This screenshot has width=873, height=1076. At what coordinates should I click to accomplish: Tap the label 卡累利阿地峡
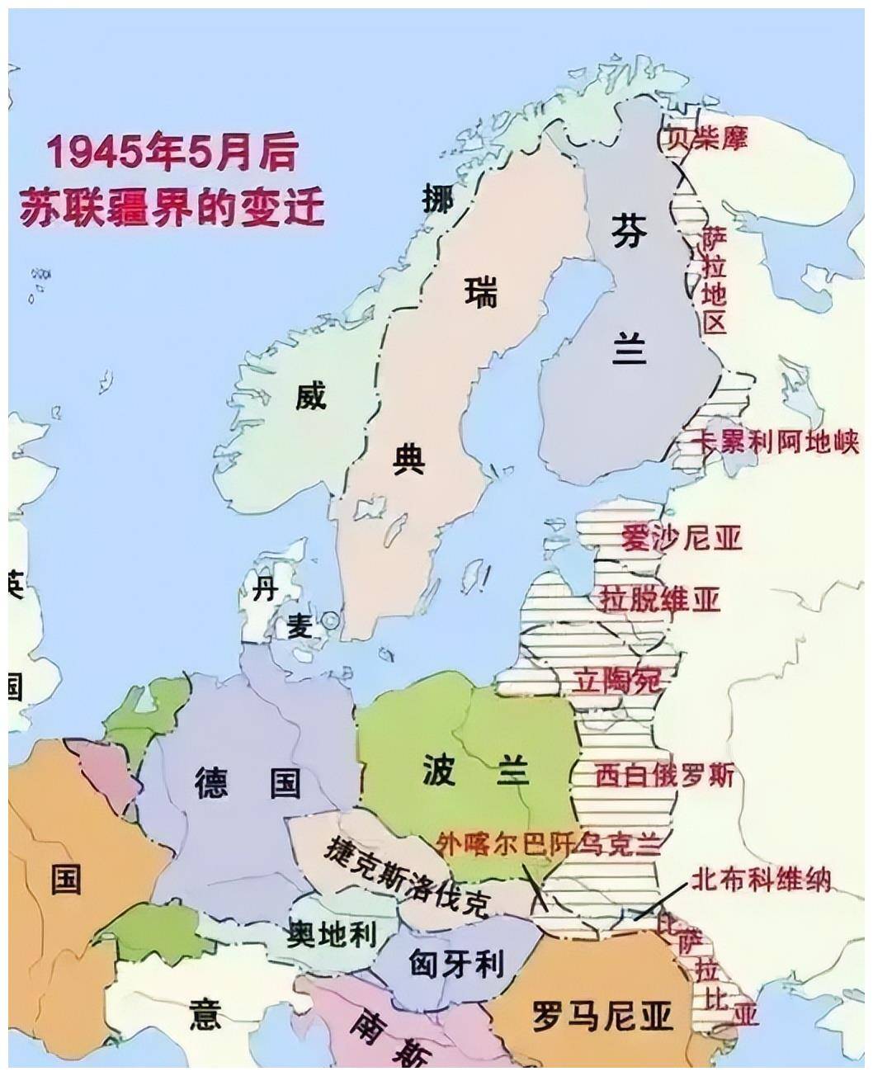(x=768, y=441)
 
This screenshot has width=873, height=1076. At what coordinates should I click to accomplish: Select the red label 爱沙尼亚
(x=682, y=537)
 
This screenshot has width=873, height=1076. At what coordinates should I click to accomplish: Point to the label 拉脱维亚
(x=660, y=598)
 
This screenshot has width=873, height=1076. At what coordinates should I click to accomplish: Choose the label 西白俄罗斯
(x=664, y=776)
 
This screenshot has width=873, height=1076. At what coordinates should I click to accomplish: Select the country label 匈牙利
(x=457, y=962)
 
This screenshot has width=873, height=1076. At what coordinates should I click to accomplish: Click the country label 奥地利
(x=332, y=933)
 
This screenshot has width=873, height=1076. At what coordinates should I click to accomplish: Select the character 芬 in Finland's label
(x=628, y=230)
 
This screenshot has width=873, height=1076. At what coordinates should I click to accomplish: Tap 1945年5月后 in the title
(x=172, y=153)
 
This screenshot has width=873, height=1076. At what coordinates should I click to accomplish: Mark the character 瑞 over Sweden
(x=480, y=292)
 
